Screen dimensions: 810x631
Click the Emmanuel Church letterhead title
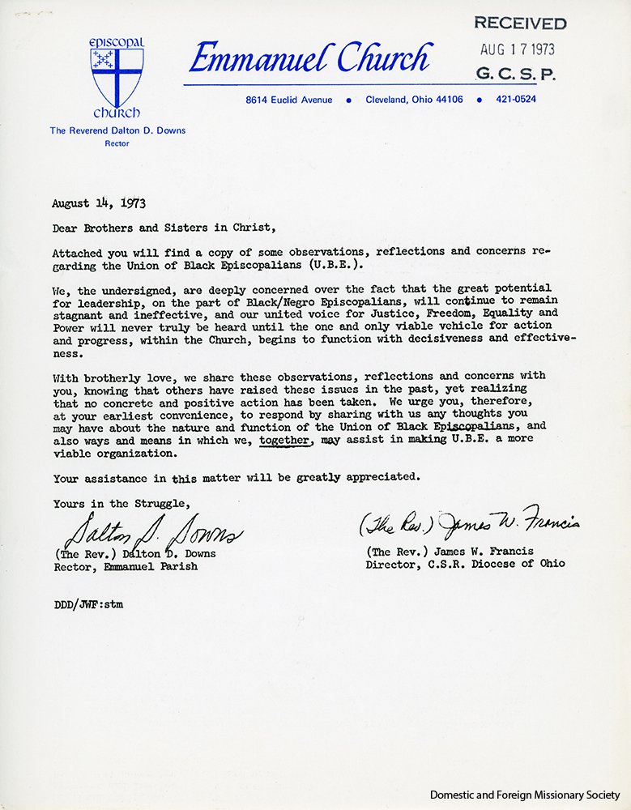pos(309,58)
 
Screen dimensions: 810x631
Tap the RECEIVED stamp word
pos(519,23)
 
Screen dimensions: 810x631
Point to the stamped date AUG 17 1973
pos(518,49)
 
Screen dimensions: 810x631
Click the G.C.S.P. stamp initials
pos(516,74)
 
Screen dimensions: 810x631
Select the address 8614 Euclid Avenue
pos(289,100)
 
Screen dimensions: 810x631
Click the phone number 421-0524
pos(516,100)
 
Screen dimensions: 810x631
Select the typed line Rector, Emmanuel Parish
pos(126,566)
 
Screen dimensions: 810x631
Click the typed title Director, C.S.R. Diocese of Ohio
pos(465,564)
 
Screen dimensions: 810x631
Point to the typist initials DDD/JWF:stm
pos(88,603)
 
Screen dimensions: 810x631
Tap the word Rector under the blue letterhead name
pos(117,143)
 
